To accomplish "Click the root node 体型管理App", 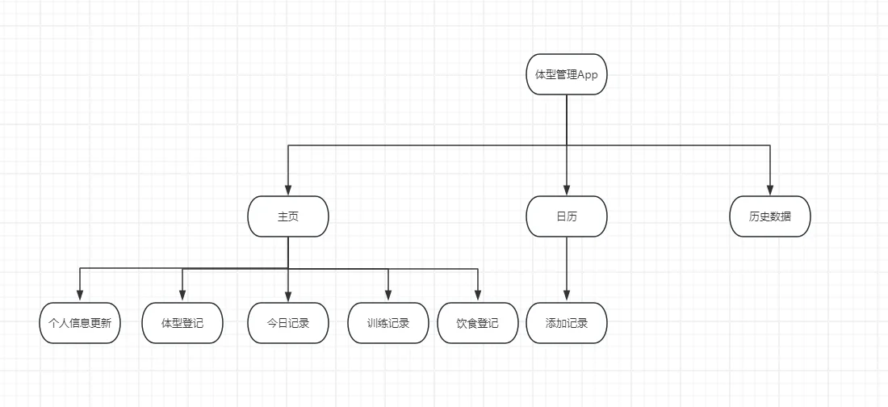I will [x=566, y=74].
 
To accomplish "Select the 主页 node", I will [x=288, y=216].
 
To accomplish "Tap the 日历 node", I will [x=566, y=216].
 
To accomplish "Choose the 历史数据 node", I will [x=769, y=216].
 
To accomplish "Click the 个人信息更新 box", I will [x=80, y=323].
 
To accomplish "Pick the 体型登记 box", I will [x=182, y=323].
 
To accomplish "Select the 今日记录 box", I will [x=288, y=323].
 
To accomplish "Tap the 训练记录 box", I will [x=388, y=323].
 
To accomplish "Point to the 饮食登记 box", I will [x=478, y=323].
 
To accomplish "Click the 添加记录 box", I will [x=566, y=323].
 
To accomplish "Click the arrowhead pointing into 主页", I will [x=288, y=191].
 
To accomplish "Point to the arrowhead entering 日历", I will [x=566, y=191].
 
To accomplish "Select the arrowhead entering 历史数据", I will [x=769, y=191].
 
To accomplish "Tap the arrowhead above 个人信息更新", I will [x=80, y=297].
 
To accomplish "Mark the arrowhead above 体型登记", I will [x=182, y=297].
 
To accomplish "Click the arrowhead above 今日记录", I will [x=288, y=297].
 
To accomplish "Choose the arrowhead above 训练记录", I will [x=388, y=297].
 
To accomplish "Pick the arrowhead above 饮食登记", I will [x=478, y=297].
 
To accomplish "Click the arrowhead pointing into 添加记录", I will [x=566, y=297].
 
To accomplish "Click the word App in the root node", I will [x=587, y=75].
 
